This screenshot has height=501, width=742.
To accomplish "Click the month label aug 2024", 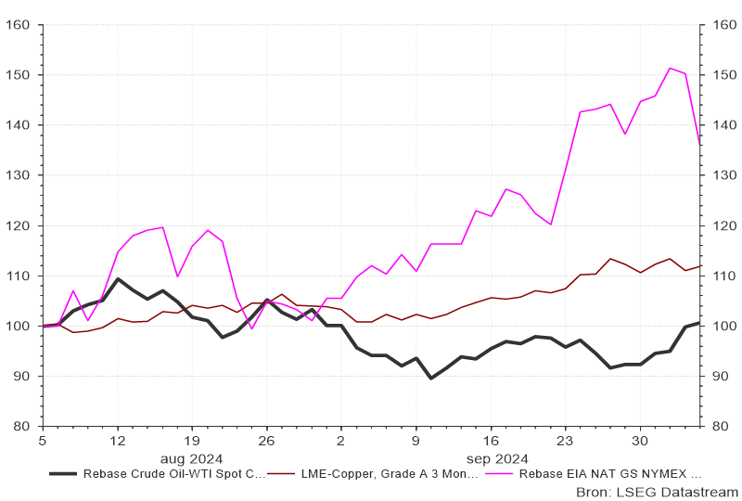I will click(x=191, y=458).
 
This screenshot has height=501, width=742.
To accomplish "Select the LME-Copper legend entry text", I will click(x=390, y=473).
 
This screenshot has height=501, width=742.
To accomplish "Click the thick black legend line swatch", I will click(x=62, y=473).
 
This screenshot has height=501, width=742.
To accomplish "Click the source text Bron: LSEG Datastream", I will click(x=657, y=491).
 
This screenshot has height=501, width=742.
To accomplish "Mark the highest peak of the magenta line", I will click(x=670, y=68).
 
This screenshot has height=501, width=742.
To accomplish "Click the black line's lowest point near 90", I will click(x=431, y=379).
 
